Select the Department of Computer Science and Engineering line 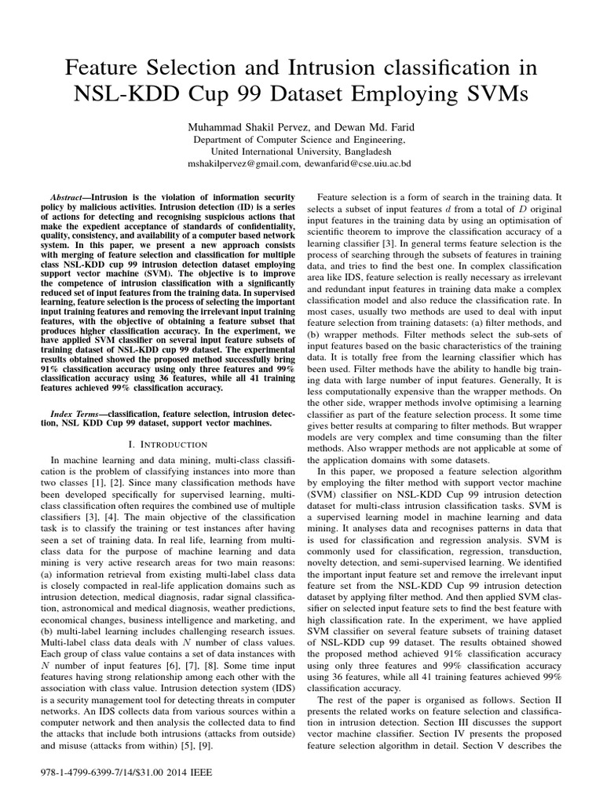click(x=301, y=139)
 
